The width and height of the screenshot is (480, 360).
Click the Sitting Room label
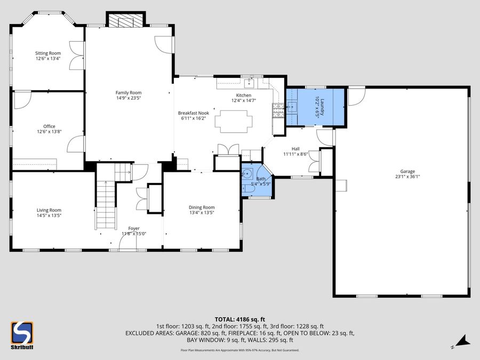click(48, 53)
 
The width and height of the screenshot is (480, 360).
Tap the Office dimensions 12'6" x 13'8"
click(49, 131)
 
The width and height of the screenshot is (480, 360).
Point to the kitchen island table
click(231, 121)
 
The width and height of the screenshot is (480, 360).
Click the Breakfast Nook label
click(193, 113)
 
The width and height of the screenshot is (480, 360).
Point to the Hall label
click(295, 149)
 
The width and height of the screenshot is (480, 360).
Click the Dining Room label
click(202, 207)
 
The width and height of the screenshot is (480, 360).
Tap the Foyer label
click(126, 228)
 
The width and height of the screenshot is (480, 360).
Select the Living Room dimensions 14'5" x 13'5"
click(49, 215)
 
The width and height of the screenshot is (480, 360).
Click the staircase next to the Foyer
click(106, 203)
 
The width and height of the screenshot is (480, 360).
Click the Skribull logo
click(22, 335)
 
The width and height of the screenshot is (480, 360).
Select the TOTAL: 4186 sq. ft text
click(239, 318)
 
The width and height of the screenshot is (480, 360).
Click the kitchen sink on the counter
click(248, 83)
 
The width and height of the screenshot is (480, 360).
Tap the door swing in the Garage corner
click(356, 96)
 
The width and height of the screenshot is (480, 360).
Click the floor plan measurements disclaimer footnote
click(239, 350)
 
